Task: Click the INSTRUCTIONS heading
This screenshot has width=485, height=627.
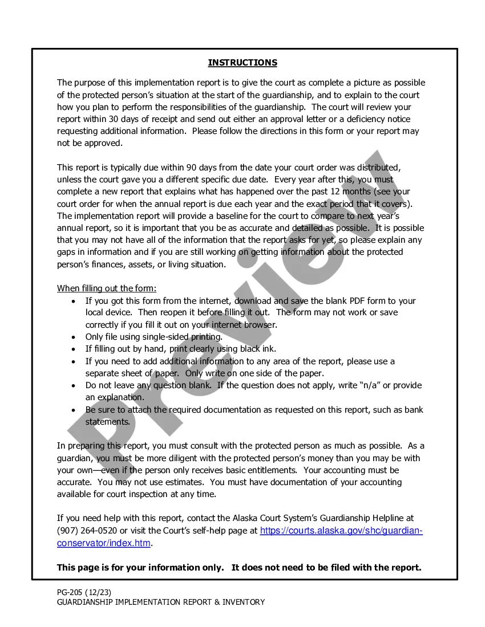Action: pyautogui.click(x=242, y=63)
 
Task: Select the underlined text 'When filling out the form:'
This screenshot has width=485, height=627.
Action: pyautogui.click(x=107, y=288)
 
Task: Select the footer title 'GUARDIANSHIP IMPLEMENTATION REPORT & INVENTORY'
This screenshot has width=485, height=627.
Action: pyautogui.click(x=161, y=602)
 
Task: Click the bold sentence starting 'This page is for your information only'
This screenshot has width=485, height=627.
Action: pyautogui.click(x=239, y=567)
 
